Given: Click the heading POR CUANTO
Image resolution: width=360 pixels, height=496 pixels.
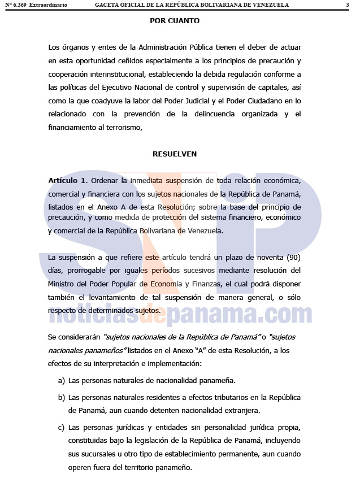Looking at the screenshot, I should (175, 21).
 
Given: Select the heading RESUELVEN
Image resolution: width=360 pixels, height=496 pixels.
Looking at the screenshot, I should (175, 154).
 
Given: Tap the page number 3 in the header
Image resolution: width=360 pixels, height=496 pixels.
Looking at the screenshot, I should (347, 5).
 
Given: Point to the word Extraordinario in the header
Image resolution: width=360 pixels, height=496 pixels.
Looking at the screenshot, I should (48, 5).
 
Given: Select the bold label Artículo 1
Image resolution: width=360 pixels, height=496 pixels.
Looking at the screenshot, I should (68, 180).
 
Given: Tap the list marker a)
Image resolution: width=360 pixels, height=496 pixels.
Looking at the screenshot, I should (62, 380).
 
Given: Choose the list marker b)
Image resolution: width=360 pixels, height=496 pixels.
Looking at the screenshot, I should (62, 397).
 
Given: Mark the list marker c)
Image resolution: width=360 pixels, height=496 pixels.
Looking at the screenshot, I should (62, 427).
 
